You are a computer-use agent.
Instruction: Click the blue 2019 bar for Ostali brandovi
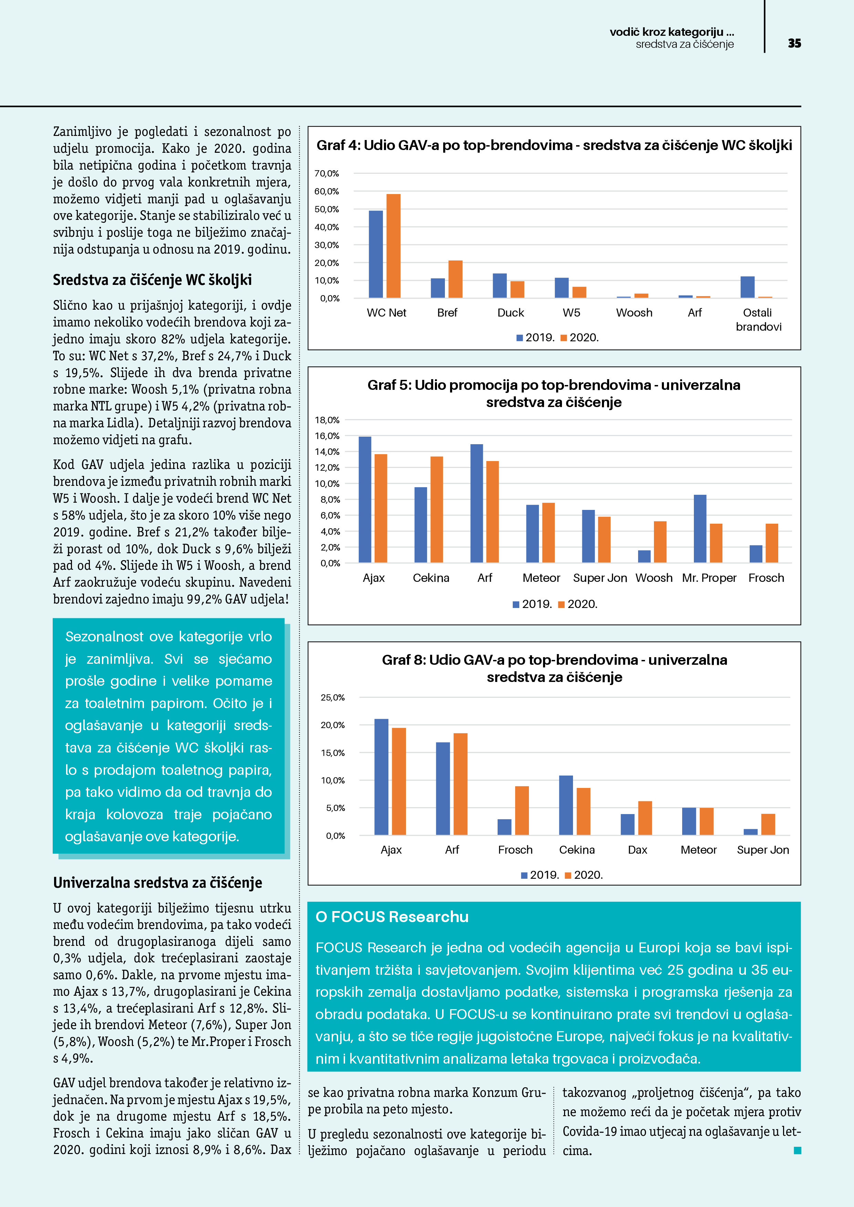[x=747, y=287]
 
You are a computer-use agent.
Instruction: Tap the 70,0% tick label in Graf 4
[x=327, y=173]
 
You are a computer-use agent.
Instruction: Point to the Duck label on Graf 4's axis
[x=510, y=313]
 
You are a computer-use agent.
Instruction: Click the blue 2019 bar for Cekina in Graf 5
[x=421, y=525]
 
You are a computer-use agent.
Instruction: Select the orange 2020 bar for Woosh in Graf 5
[x=660, y=542]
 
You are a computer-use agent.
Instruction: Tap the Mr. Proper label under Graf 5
[x=709, y=578]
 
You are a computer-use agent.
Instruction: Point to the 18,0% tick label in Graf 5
[x=327, y=420]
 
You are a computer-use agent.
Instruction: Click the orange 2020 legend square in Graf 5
[x=561, y=605]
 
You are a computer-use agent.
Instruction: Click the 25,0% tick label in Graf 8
[x=333, y=697]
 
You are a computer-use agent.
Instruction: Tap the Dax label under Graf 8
[x=637, y=850]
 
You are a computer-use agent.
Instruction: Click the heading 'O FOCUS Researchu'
[x=392, y=917]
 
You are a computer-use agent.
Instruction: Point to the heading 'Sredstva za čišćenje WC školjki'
[x=152, y=280]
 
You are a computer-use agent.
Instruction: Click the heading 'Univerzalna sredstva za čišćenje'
[x=157, y=883]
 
